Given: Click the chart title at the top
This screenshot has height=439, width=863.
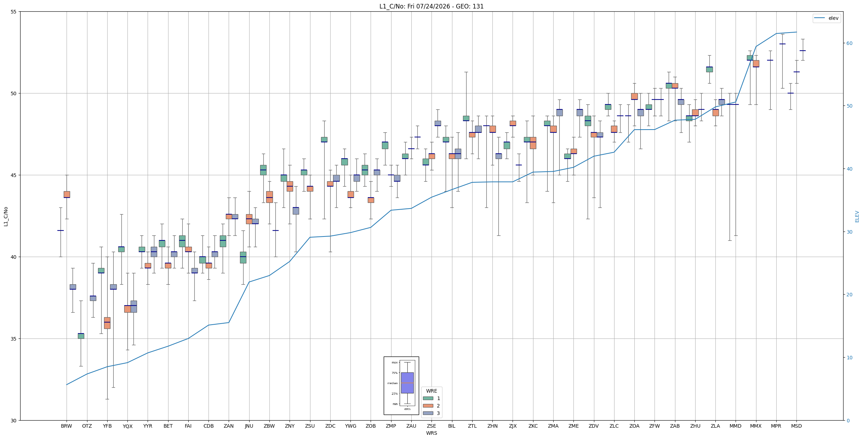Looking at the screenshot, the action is pos(431,6).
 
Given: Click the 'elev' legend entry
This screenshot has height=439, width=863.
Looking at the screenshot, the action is pos(826,18).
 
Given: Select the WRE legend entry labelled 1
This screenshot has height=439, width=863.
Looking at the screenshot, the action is pos(431,398).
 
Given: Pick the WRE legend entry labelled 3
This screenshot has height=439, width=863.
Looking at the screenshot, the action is pos(431,413).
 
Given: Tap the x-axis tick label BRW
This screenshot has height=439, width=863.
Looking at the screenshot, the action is pos(67,426).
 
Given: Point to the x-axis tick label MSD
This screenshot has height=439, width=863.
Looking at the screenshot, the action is pos(796,426).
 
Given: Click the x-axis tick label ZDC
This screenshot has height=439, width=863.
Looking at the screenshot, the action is pos(330,426).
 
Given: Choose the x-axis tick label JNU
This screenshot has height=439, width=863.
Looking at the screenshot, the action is pos(249,426).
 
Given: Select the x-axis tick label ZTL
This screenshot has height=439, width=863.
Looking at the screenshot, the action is pos(472,426).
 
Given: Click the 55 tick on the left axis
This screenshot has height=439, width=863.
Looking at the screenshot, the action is pos(14,12).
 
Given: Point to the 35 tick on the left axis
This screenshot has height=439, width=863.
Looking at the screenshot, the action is pos(14,339).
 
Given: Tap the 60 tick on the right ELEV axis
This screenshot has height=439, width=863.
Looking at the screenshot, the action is pos(849,43).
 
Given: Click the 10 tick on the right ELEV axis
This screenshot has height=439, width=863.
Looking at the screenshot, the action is pos(849,358).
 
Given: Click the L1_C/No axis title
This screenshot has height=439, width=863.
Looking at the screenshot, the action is pos(6,216).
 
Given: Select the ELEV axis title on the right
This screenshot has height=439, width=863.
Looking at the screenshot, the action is pos(857,216).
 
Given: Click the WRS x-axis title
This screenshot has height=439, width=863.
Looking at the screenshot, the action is pos(431,433).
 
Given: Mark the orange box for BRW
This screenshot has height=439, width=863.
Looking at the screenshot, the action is pos(67,194).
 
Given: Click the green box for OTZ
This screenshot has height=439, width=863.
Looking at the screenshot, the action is pos(81,336).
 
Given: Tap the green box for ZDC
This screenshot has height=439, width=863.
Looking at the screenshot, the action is pos(324,139).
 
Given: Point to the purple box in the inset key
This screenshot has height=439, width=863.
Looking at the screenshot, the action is pos(407,383).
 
